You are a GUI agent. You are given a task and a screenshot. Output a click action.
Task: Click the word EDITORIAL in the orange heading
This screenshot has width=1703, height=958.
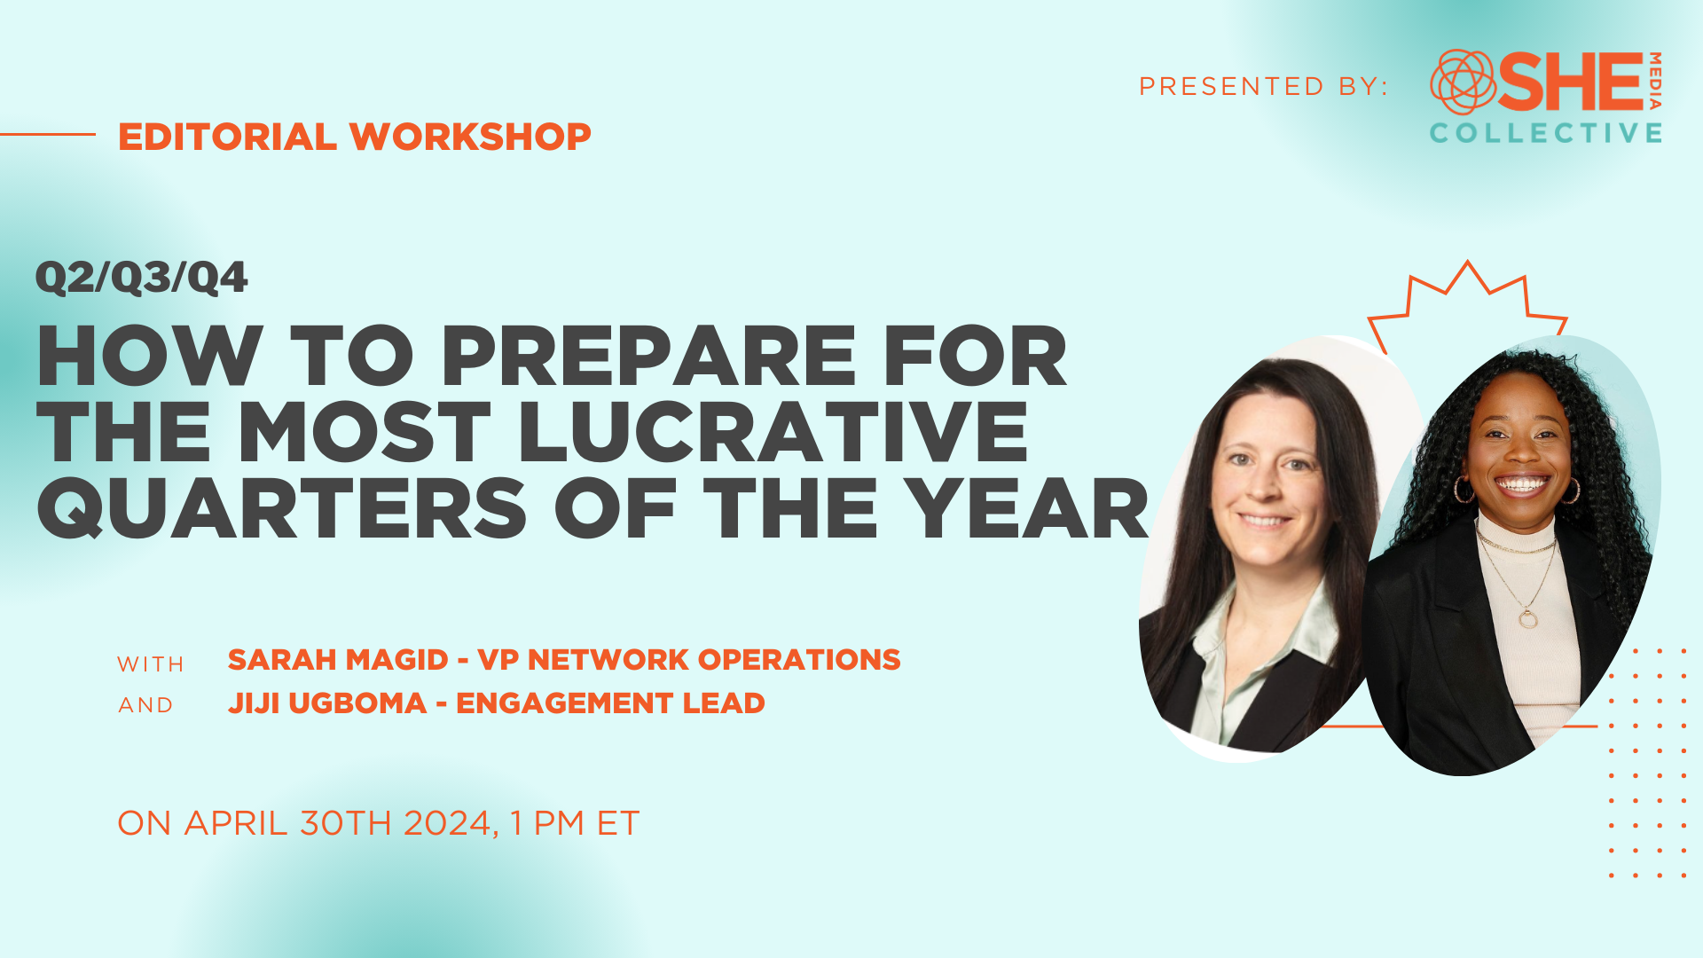[x=227, y=137]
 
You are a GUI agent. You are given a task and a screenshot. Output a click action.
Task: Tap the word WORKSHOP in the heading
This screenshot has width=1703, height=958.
[x=470, y=137]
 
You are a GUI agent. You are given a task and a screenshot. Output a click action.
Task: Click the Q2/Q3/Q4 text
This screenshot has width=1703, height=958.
[x=141, y=278]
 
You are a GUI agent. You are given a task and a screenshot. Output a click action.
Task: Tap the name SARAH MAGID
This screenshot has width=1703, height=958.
[x=338, y=660]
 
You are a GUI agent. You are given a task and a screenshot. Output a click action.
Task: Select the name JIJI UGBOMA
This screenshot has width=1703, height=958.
[x=327, y=703]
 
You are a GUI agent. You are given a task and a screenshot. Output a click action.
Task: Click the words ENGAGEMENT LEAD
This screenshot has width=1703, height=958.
[x=610, y=703]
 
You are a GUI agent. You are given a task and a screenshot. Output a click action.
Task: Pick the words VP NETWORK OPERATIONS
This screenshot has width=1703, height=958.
[x=689, y=660]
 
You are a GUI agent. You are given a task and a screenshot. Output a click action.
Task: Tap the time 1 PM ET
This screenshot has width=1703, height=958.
[x=575, y=823]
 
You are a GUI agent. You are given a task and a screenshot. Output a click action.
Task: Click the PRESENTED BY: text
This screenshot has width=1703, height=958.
[x=1263, y=86]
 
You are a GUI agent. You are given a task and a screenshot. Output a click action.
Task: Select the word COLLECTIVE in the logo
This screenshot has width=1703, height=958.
[x=1546, y=133]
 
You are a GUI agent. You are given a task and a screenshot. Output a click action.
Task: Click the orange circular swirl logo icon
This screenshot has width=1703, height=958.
[x=1464, y=82]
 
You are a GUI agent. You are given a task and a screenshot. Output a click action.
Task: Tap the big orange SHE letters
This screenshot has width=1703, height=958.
[x=1572, y=82]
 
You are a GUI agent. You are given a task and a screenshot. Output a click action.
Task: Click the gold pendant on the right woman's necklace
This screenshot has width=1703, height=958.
[x=1527, y=617]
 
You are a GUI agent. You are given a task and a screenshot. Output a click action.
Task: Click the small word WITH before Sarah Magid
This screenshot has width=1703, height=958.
[x=151, y=664]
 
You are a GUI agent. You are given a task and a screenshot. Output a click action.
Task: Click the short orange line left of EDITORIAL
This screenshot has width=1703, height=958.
[x=48, y=134]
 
